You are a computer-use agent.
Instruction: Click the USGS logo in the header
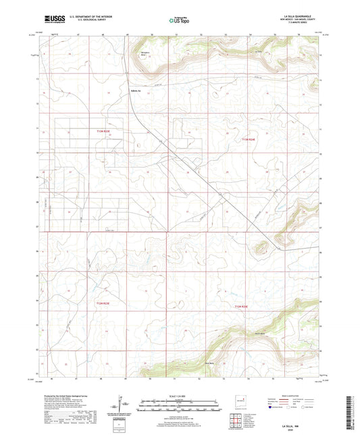[49, 20]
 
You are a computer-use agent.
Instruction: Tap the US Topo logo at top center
[179, 20]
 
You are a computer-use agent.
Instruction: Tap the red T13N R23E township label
[103, 132]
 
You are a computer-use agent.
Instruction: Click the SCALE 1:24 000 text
[179, 396]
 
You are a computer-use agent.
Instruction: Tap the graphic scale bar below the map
[179, 407]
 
